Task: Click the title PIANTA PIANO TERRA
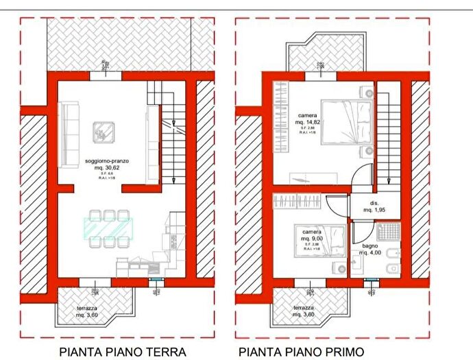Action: pos(123,352)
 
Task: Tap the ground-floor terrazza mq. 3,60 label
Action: pos(86,312)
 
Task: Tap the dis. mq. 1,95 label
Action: pos(375,206)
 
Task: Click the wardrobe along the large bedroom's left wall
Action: pos(280,117)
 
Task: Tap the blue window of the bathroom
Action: pos(372,280)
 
